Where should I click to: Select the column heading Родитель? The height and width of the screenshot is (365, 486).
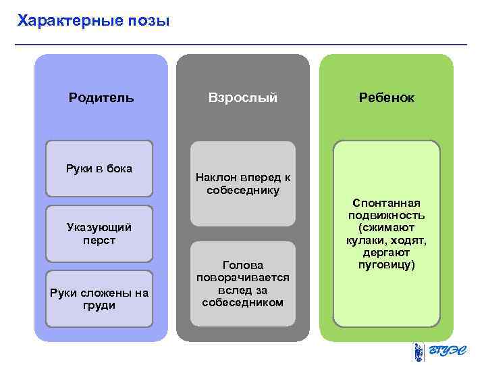(101, 97)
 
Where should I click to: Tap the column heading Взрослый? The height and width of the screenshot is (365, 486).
(243, 97)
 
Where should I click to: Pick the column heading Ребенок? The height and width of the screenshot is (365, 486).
(387, 97)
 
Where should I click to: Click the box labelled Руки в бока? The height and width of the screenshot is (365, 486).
(99, 168)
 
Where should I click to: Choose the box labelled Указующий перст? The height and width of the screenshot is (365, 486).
(99, 233)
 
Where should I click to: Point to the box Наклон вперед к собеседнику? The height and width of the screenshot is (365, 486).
(243, 183)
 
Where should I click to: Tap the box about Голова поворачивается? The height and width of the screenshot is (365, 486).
(243, 283)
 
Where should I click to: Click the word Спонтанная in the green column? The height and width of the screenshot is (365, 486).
(387, 203)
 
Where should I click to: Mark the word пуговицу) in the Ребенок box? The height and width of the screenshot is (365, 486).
(387, 264)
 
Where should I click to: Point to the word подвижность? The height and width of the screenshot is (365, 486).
(387, 215)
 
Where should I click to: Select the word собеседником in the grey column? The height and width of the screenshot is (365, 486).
(243, 301)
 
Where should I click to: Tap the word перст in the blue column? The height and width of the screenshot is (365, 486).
(99, 240)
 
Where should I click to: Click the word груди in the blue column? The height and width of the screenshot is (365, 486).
(99, 306)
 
